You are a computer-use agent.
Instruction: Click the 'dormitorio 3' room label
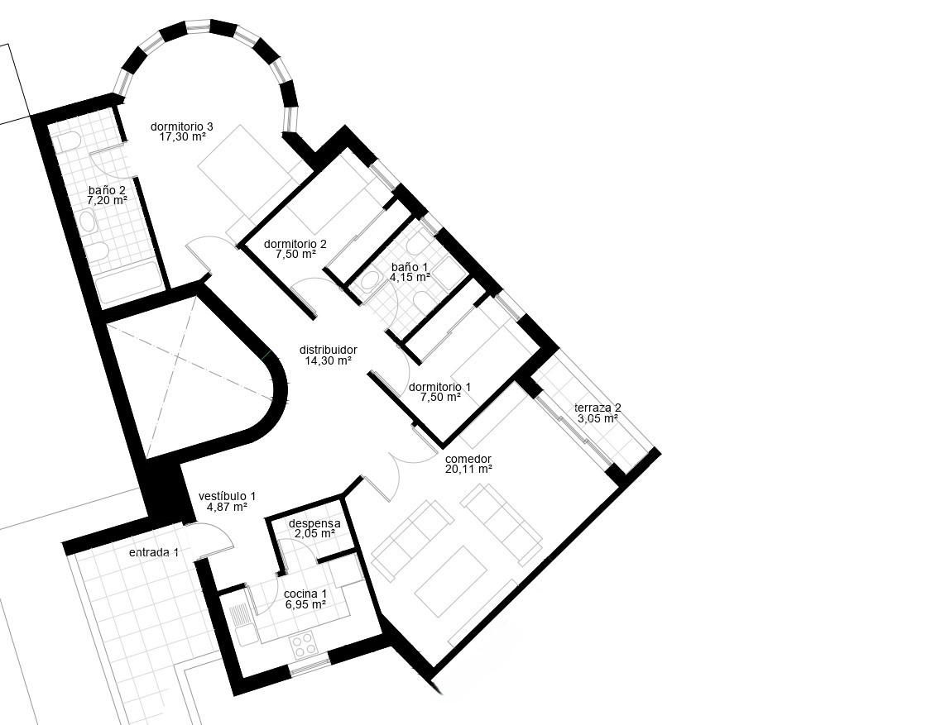click(181, 126)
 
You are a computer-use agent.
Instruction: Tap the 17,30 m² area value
click(182, 136)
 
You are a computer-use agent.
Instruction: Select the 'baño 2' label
click(107, 190)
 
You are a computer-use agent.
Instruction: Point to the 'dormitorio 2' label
click(295, 244)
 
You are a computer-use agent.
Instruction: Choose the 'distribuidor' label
click(329, 350)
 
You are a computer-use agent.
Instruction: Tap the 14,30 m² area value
click(328, 360)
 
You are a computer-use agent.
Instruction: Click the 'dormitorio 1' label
click(440, 387)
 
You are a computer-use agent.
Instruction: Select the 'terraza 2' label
click(598, 408)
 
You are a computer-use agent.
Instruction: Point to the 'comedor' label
click(468, 459)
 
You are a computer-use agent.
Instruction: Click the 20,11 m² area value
click(468, 469)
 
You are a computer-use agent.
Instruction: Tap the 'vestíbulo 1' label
click(227, 496)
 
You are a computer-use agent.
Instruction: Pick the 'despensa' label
click(314, 523)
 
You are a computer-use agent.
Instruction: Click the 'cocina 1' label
click(305, 594)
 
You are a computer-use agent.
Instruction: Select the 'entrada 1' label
click(154, 553)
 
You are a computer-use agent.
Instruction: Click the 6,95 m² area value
click(305, 604)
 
